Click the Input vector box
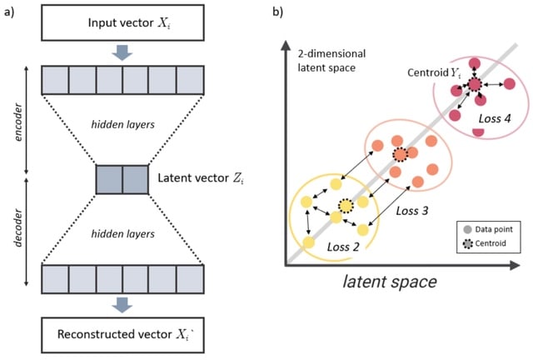point(122,22)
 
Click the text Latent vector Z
point(198,178)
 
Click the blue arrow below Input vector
point(122,53)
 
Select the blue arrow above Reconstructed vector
point(122,306)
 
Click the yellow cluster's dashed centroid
point(345,206)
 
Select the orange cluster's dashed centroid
point(401,154)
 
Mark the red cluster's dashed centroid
point(475,84)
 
